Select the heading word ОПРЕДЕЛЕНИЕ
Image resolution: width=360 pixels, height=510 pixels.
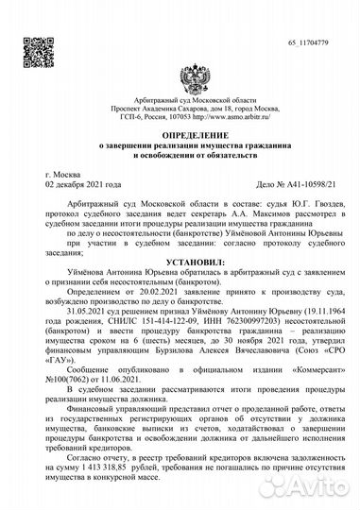pyautogui.click(x=180, y=136)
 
